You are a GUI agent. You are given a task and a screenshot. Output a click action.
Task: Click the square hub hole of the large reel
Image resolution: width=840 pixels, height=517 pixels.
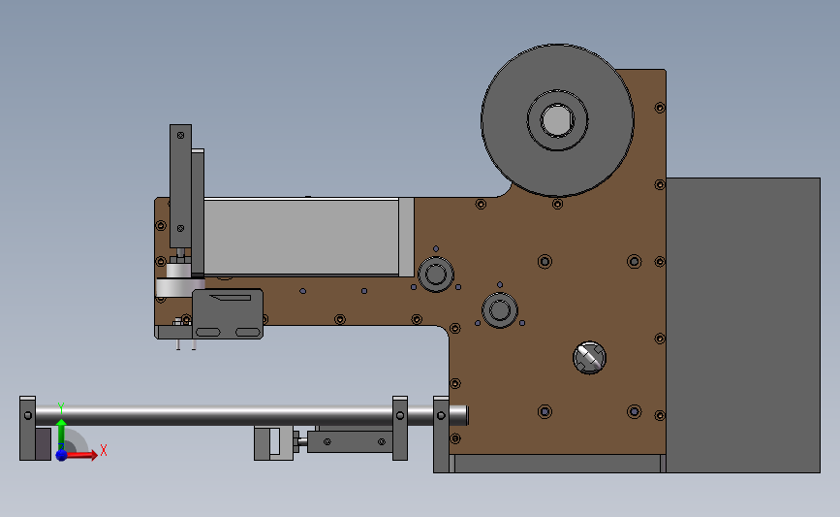[x=557, y=120]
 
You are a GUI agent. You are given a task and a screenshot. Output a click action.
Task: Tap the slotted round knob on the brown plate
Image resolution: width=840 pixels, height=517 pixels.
[x=589, y=358]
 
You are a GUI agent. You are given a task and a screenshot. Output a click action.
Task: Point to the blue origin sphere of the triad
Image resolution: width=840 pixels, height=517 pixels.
[x=61, y=455]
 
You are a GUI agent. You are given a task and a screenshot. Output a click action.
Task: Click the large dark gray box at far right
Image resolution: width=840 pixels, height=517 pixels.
[x=743, y=325]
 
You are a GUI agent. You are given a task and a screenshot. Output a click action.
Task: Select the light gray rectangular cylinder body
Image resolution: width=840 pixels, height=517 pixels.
[x=301, y=237]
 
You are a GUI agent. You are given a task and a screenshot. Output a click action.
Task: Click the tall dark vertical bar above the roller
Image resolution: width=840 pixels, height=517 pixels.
[x=180, y=186]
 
